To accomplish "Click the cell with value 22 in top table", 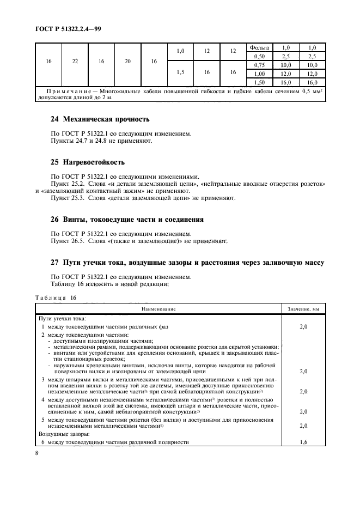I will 75,62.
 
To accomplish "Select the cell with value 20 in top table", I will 127,62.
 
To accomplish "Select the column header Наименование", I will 158,309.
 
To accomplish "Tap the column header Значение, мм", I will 303,309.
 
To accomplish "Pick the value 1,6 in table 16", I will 303,442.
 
